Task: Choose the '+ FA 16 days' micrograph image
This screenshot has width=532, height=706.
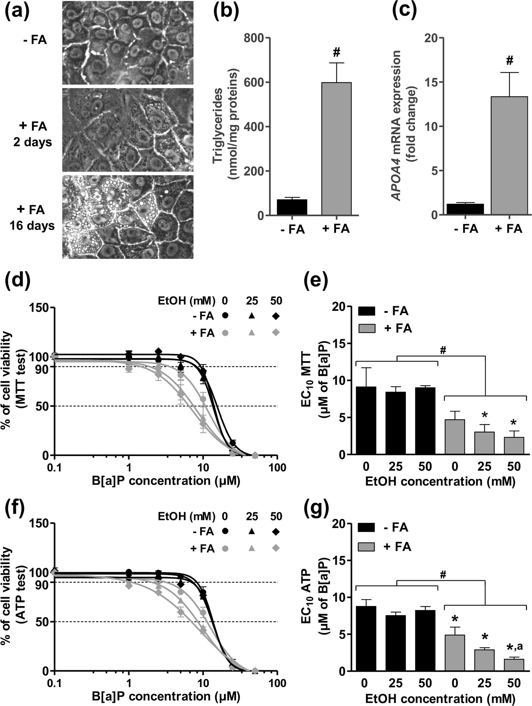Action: coord(128,217)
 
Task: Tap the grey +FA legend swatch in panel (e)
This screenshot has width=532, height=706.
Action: coord(367,328)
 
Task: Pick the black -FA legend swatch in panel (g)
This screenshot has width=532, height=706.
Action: coord(367,527)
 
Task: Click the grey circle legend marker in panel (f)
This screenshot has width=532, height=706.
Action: coord(225,548)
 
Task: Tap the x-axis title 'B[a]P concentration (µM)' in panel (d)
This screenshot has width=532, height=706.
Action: coord(166,480)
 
